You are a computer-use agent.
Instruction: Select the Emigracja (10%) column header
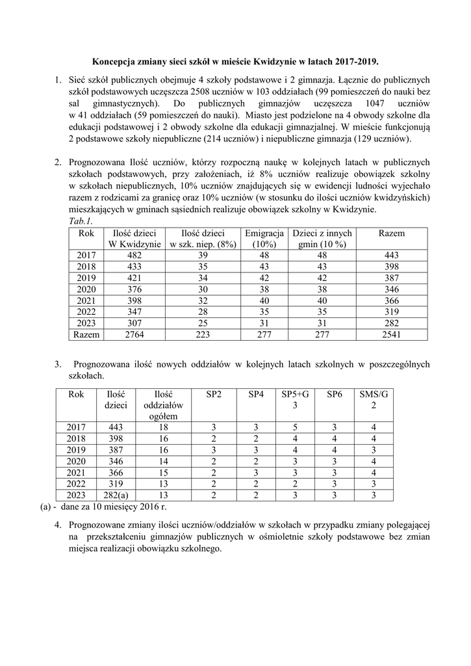coord(264,239)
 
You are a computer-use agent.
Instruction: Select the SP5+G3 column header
coord(296,400)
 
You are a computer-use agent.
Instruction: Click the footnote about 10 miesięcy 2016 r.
coord(110,507)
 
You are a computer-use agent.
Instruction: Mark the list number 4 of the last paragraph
coord(58,524)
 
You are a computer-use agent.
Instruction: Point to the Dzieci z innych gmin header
coord(322,239)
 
